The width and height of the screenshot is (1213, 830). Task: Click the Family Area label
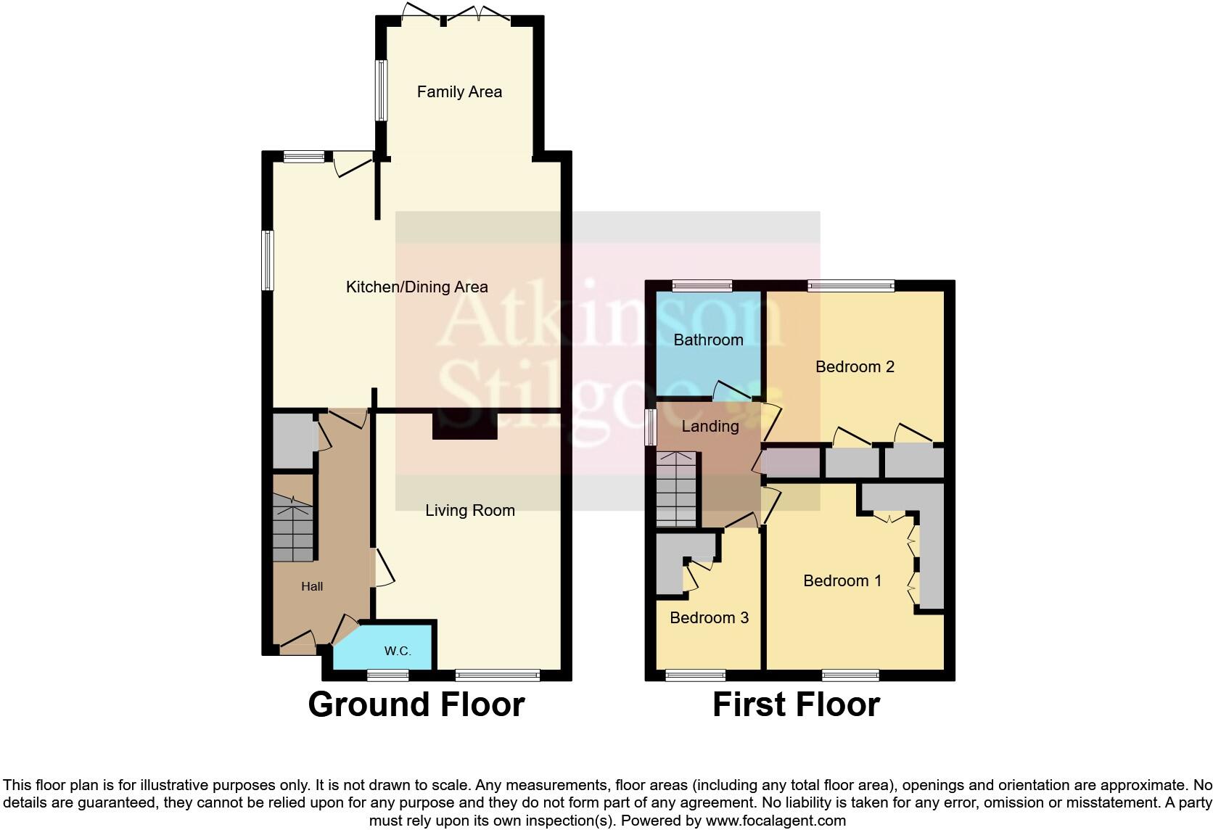point(459,92)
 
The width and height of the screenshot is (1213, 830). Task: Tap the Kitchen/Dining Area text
point(416,287)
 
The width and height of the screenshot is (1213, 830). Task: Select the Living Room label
point(470,511)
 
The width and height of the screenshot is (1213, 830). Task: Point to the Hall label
point(312,586)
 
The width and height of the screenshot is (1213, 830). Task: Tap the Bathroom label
point(708,340)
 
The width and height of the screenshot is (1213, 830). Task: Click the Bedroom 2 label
point(855,367)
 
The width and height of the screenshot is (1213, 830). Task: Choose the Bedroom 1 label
point(842,581)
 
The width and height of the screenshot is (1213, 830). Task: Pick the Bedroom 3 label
point(709,618)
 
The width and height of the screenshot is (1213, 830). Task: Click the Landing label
point(710,427)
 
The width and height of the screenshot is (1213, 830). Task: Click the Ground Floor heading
point(416,704)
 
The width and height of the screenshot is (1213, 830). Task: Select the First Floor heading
point(796,704)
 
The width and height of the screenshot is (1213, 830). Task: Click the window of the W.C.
point(387,675)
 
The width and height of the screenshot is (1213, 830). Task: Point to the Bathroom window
point(702,286)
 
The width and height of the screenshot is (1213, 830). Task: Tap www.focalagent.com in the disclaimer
point(775,821)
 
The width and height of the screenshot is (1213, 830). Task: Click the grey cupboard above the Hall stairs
point(293,441)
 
